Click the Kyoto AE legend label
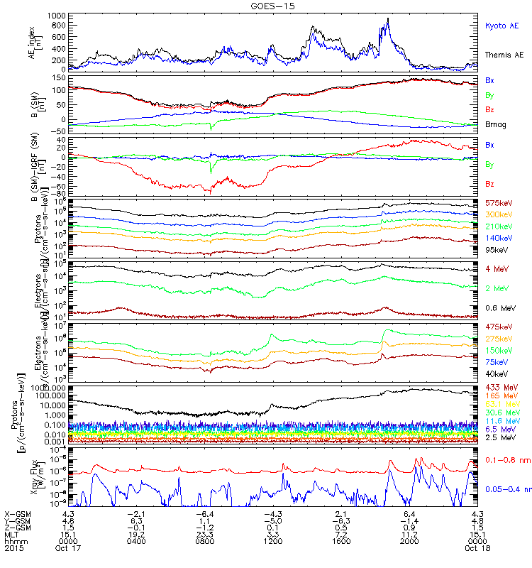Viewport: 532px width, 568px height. click(501, 26)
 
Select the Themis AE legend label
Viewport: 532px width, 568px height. click(504, 55)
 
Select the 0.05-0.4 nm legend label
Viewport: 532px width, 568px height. click(505, 489)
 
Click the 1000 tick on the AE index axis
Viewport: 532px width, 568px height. click(58, 16)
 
